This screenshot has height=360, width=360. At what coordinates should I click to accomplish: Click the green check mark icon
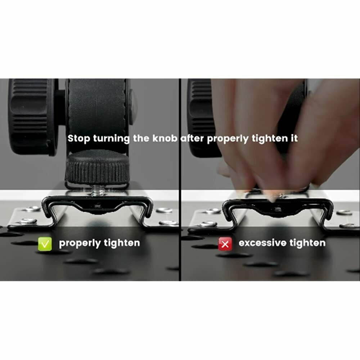pyautogui.click(x=45, y=244)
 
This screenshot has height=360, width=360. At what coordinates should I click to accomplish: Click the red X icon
pyautogui.click(x=225, y=244)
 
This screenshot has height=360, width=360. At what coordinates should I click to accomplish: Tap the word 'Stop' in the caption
pyautogui.click(x=79, y=139)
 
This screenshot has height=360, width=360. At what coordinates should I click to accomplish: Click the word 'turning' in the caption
pyautogui.click(x=112, y=139)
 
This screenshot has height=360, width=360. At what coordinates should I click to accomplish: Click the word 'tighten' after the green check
pyautogui.click(x=122, y=243)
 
